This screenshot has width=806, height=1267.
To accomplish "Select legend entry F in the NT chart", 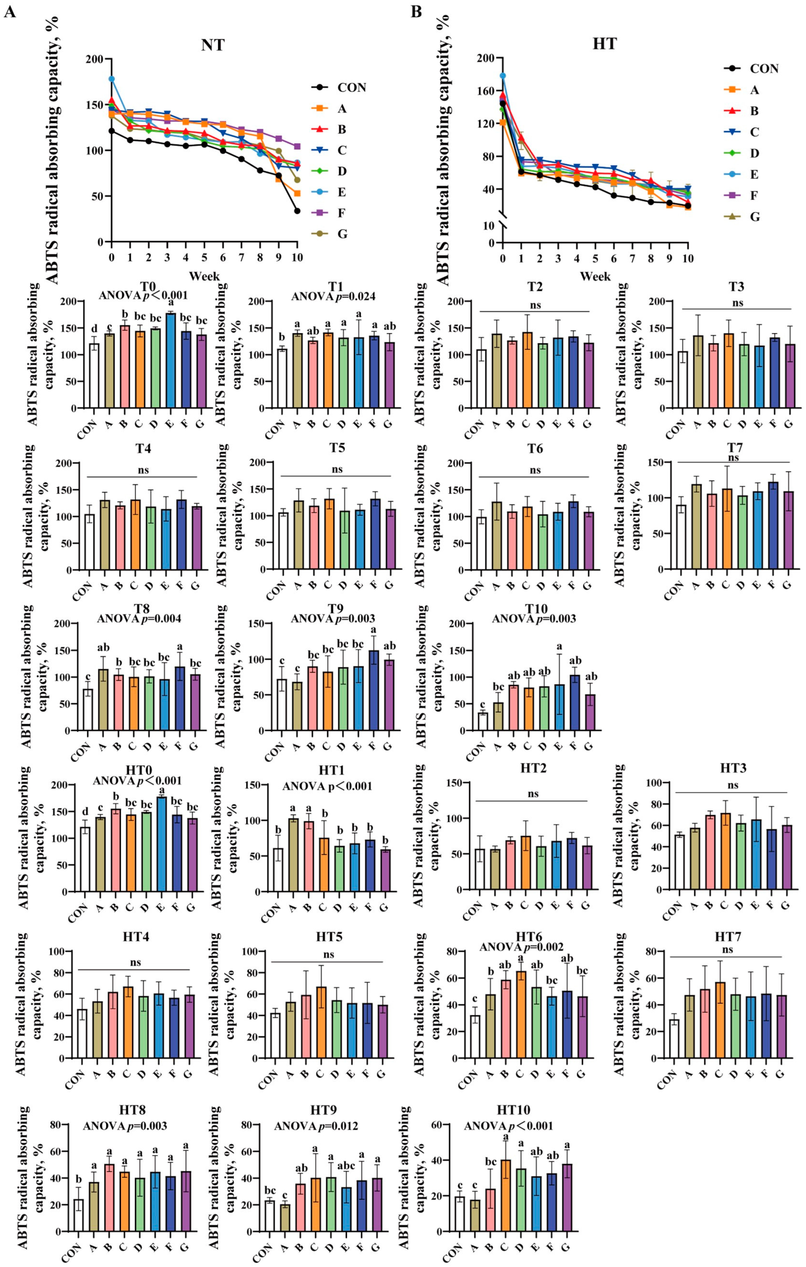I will click(342, 213).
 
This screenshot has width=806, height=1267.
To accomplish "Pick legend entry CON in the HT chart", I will click(763, 69).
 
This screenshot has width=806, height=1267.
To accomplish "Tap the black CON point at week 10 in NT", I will click(297, 211).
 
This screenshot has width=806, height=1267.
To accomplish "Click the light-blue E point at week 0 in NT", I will click(111, 79).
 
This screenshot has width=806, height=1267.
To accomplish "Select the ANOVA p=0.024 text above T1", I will click(333, 296).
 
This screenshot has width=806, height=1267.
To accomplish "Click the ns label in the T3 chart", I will click(738, 303).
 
